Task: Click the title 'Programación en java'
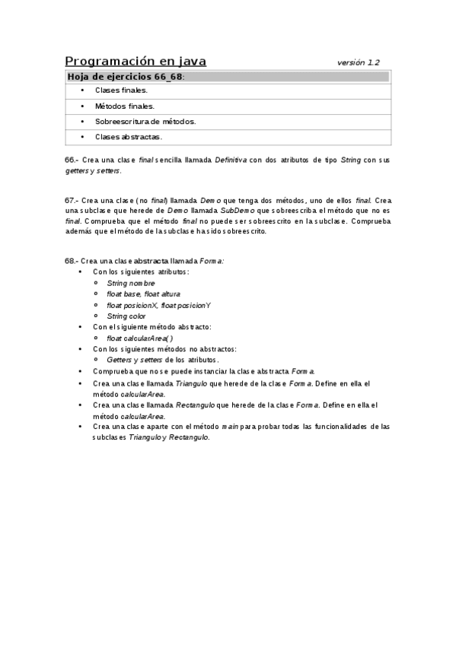pyautogui.click(x=136, y=62)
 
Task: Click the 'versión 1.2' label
pyautogui.click(x=359, y=62)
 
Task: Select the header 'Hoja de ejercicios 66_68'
pyautogui.click(x=126, y=77)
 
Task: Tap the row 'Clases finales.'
pyautogui.click(x=121, y=90)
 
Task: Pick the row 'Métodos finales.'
pyautogui.click(x=124, y=106)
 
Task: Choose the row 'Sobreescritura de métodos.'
pyautogui.click(x=145, y=122)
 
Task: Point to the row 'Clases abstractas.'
pyautogui.click(x=128, y=137)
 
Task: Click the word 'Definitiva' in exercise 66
pyautogui.click(x=231, y=160)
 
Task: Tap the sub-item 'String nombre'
pyautogui.click(x=130, y=283)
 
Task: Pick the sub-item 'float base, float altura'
pyautogui.click(x=144, y=294)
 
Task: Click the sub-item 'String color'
pyautogui.click(x=126, y=316)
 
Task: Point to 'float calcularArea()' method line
pyautogui.click(x=140, y=338)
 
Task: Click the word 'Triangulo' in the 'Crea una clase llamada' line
pyautogui.click(x=192, y=383)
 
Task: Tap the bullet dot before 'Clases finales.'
pyautogui.click(x=82, y=90)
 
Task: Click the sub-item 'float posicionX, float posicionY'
pyautogui.click(x=158, y=305)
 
